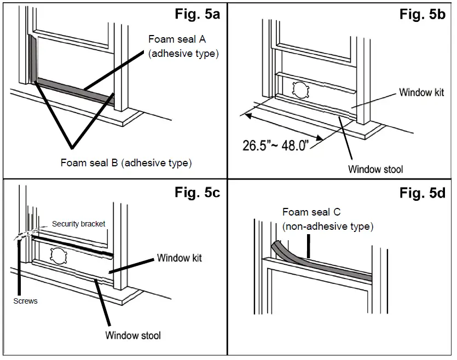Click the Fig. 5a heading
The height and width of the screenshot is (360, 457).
198,14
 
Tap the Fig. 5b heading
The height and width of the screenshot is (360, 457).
423,14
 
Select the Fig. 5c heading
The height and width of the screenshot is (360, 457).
197,193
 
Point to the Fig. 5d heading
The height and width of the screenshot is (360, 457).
422,193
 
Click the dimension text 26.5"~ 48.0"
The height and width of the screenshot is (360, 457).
281,145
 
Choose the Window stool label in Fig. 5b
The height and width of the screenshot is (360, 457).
375,169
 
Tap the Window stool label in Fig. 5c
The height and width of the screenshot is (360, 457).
133,335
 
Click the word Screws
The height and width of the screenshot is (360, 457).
25,301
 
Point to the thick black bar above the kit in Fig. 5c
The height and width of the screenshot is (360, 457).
74,246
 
